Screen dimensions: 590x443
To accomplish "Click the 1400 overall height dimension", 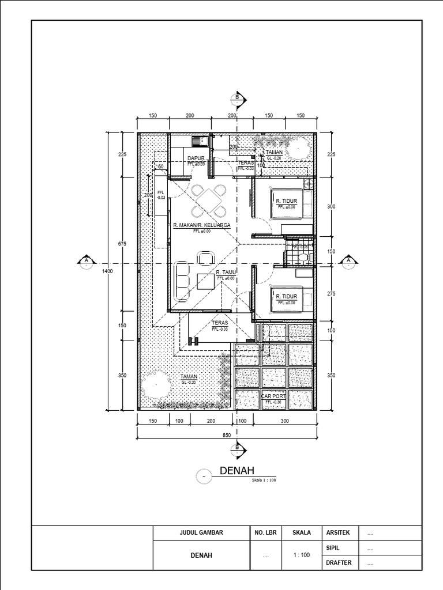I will coord(107,270).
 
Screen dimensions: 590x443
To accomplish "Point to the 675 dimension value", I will coord(122,244).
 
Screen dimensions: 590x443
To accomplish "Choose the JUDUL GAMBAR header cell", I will coord(201,533).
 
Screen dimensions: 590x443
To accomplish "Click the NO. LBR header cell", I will coord(265,533).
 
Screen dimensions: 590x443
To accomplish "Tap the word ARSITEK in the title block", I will coord(337,533).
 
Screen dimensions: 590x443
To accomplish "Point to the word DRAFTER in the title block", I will coord(339,562).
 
